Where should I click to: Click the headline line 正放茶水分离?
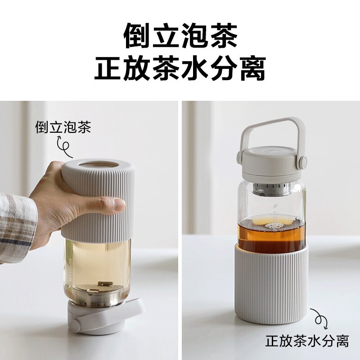pyautogui.click(x=180, y=68)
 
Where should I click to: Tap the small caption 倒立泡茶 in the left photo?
pyautogui.click(x=63, y=127)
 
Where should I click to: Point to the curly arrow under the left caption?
pyautogui.click(x=64, y=144)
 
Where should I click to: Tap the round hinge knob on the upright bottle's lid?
pyautogui.click(x=304, y=161)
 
